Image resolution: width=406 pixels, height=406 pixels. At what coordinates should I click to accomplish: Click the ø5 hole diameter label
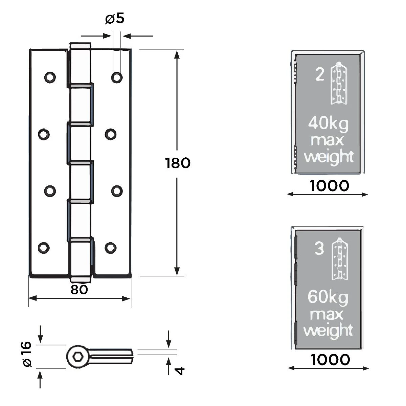tap(115, 19)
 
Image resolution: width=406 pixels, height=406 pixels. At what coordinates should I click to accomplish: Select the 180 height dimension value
tap(178, 163)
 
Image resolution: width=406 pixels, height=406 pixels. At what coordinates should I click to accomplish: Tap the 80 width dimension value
tap(79, 290)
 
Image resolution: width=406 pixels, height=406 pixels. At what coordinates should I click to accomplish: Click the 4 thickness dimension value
tap(180, 370)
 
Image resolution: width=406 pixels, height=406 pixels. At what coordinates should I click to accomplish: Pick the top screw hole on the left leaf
tap(50, 77)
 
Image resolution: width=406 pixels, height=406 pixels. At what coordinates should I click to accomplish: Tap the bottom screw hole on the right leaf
tap(110, 248)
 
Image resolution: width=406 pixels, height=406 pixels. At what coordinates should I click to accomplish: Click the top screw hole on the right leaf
tap(117, 77)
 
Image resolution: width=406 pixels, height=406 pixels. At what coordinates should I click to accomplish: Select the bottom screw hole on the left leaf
tap(43, 248)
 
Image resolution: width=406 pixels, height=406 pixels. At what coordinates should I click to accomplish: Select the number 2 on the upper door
tap(319, 74)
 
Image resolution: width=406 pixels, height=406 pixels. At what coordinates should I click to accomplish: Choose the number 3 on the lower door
tap(319, 249)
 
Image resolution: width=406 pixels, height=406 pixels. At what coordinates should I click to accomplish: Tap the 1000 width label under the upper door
tap(329, 186)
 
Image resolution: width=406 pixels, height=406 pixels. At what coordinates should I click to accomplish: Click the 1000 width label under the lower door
tap(330, 360)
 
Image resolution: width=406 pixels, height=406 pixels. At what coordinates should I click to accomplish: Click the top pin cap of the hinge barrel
tap(80, 46)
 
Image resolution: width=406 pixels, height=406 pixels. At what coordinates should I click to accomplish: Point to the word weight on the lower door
tap(328, 330)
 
